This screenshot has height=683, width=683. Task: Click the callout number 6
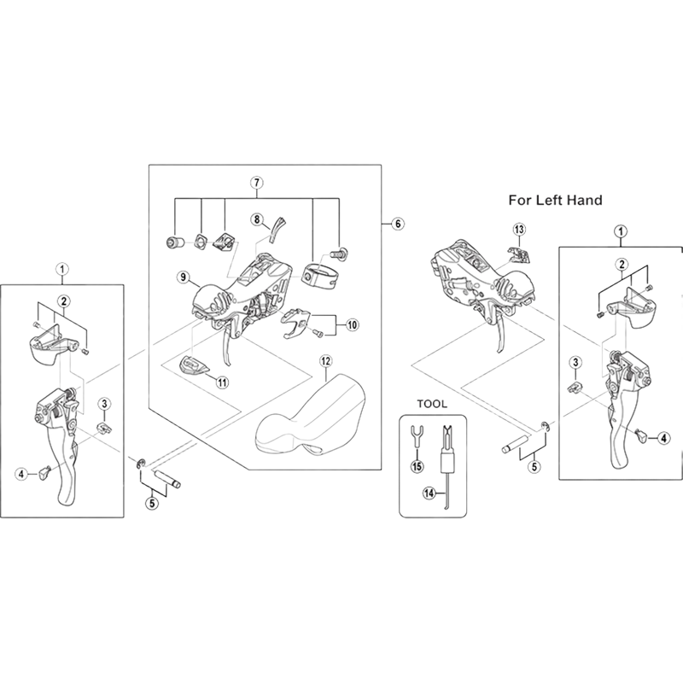(x=397, y=223)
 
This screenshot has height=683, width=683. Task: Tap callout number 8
(x=255, y=219)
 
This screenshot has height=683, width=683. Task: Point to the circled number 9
(x=183, y=276)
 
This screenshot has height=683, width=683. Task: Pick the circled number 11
(x=222, y=382)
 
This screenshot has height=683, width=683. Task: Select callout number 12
(x=325, y=361)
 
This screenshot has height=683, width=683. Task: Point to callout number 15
(x=417, y=466)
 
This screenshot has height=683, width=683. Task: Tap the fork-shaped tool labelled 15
(x=417, y=438)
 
